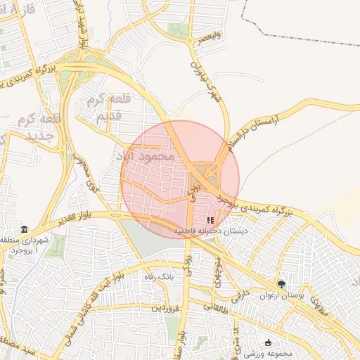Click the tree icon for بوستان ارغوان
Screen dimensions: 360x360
click(x=281, y=284)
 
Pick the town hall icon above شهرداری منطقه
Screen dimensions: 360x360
click(x=25, y=230)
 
